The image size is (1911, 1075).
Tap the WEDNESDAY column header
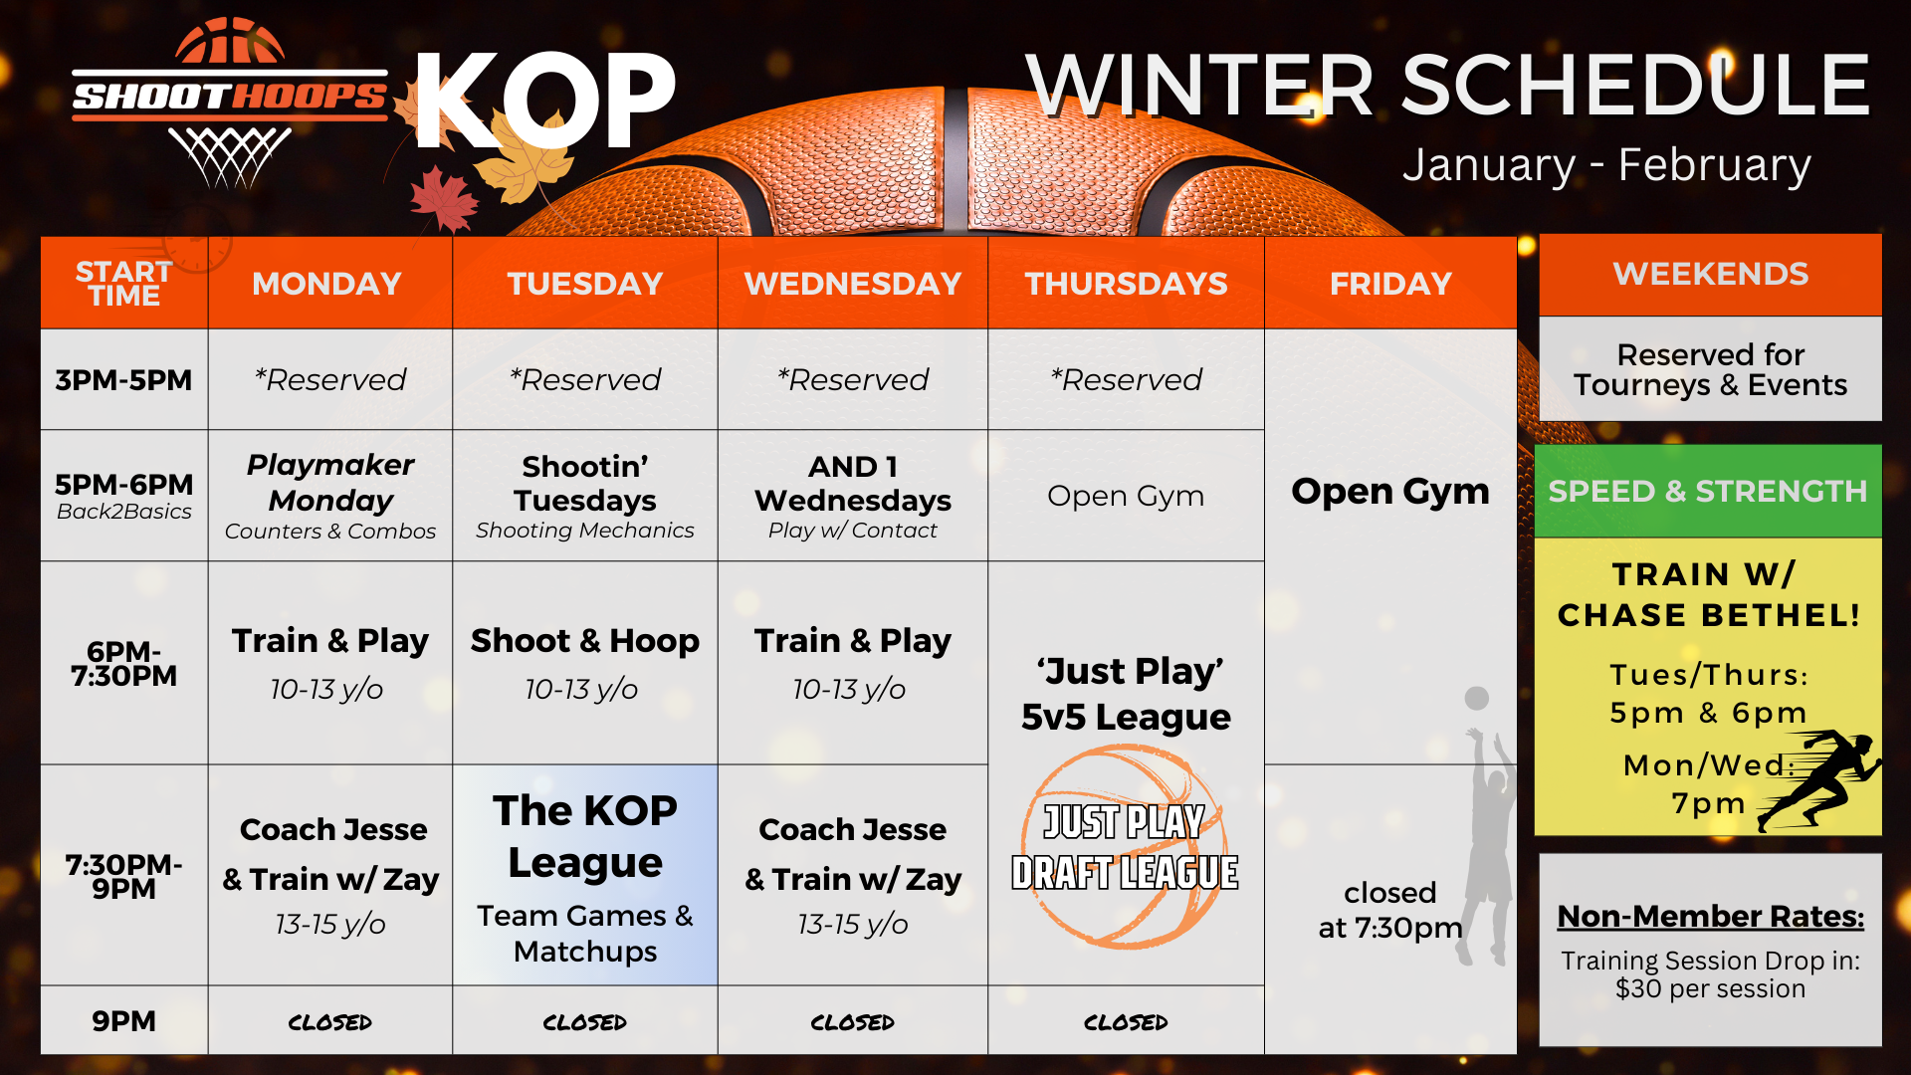click(x=853, y=284)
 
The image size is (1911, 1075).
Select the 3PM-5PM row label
click(x=123, y=379)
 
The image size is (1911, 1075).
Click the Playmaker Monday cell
click(x=330, y=496)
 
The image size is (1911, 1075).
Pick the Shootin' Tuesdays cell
click(x=585, y=496)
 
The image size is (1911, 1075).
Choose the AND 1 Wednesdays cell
click(x=853, y=496)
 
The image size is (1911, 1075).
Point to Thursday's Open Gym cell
click(x=1126, y=496)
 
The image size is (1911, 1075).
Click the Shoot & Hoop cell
click(x=585, y=663)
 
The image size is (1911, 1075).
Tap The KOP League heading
click(x=585, y=836)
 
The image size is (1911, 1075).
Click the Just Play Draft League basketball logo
click(x=1125, y=847)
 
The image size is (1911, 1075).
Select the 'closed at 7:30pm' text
click(x=1390, y=910)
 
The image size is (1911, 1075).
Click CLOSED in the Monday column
click(x=330, y=1022)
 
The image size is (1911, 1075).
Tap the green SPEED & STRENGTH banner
click(x=1708, y=491)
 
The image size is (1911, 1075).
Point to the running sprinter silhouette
click(x=1819, y=779)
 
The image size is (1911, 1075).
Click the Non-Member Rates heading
click(x=1710, y=916)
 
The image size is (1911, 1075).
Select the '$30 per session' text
click(x=1710, y=988)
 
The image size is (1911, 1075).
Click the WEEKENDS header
click(x=1710, y=274)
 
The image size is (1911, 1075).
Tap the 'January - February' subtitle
click(x=1606, y=165)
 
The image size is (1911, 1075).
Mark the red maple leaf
click(x=444, y=199)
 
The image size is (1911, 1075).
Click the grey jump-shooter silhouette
click(x=1485, y=826)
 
